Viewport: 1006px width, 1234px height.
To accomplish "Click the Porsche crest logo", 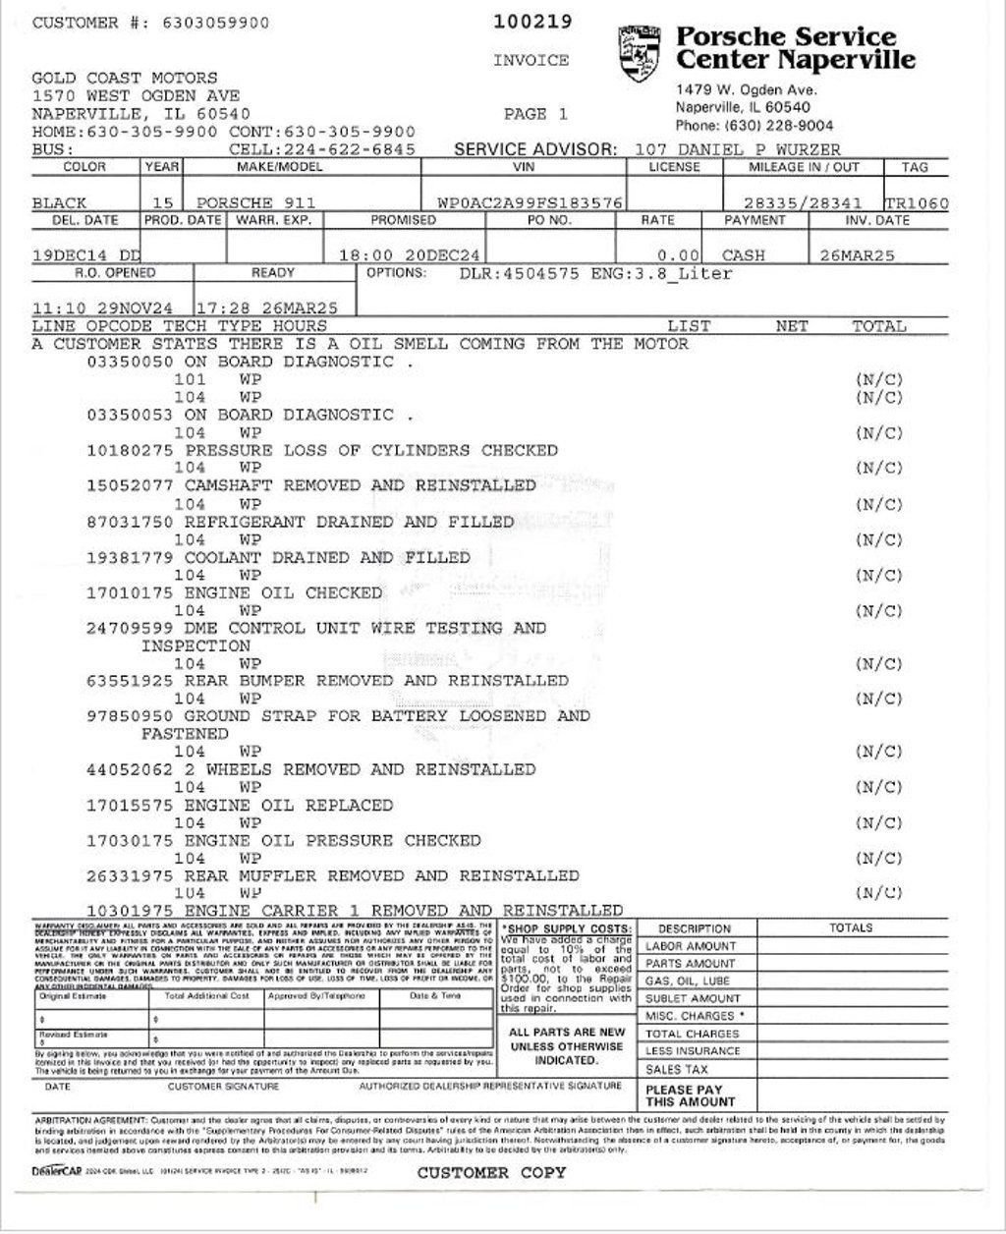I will (640, 54).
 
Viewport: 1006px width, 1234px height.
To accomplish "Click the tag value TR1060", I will (917, 203).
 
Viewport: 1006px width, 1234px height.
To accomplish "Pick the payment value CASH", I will (743, 255).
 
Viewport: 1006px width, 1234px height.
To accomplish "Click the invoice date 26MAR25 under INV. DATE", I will (857, 255).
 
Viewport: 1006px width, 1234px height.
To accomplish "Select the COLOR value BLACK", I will (59, 203).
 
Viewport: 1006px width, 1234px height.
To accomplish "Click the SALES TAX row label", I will (676, 1069).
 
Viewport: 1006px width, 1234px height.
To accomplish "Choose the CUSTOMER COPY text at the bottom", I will (490, 1172).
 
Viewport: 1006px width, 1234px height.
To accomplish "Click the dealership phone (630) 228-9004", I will (754, 126).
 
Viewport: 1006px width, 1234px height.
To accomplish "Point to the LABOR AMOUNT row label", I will (690, 946).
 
